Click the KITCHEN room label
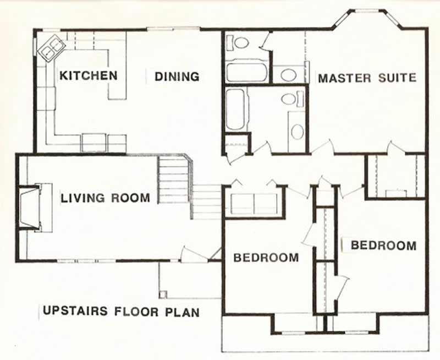89,75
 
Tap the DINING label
177,77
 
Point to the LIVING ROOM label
105,198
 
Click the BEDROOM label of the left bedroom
266,257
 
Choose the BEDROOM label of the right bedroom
383,245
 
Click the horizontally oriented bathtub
246,72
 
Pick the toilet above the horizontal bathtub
240,42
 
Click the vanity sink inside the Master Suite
286,74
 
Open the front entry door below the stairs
194,254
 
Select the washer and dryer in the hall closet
254,203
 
